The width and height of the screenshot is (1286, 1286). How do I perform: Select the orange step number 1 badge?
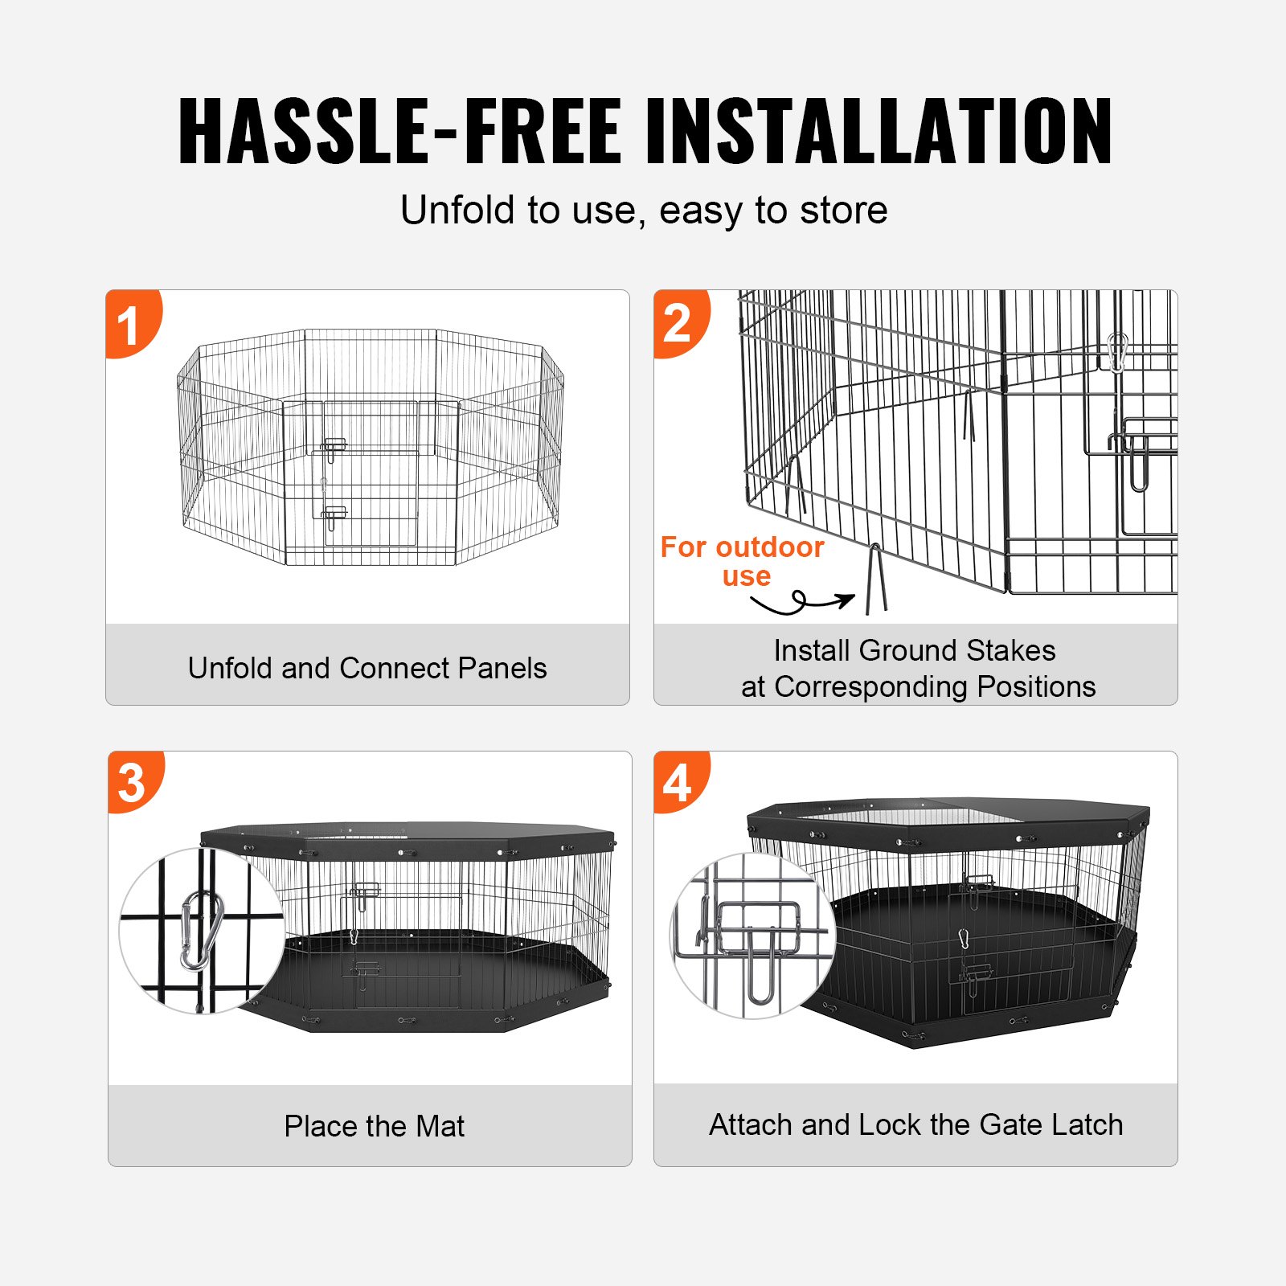click(130, 324)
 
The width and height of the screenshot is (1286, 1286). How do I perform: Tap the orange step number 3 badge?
click(133, 782)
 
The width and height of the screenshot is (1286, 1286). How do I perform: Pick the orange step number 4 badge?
click(679, 782)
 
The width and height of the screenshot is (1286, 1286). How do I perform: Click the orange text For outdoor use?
click(742, 561)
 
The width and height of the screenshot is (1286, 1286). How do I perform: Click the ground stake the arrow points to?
click(876, 579)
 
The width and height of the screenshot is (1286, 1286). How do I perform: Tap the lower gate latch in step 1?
click(333, 516)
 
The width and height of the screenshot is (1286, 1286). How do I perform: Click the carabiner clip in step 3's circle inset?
click(200, 931)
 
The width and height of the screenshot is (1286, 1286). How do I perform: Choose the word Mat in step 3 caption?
click(440, 1126)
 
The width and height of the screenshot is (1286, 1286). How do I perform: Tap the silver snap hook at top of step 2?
click(1117, 352)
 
